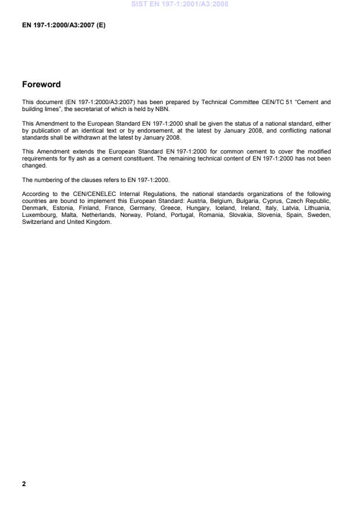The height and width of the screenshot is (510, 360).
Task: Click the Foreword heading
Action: point(41,85)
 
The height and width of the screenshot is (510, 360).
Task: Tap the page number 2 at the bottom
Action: point(24,483)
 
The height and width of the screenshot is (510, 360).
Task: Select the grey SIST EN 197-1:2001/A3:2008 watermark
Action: point(180,4)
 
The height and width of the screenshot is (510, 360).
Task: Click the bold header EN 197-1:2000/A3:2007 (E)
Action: point(64,26)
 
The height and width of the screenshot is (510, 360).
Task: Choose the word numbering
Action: point(48,179)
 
